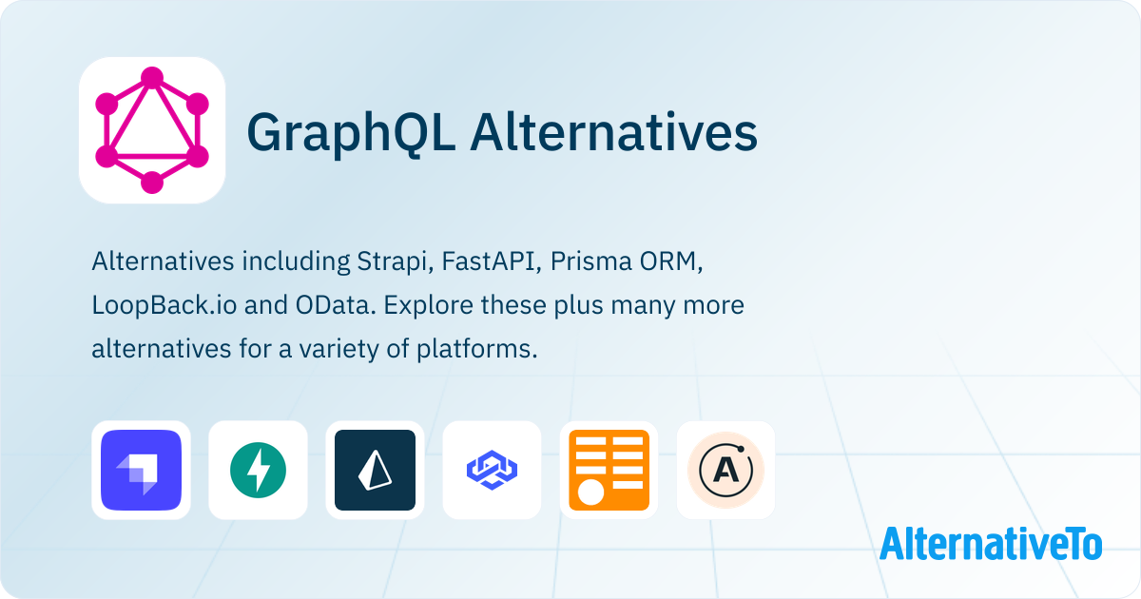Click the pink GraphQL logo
pos(152,130)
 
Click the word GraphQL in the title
pos(351,133)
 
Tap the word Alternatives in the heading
pos(614,132)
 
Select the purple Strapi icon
pos(141,470)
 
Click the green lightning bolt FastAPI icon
pos(258,470)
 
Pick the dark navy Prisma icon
pos(375,470)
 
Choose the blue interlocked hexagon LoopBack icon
pos(493,470)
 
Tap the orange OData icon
pos(609,470)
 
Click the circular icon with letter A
pos(725,470)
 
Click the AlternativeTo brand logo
pos(991,544)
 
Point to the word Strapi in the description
pos(396,262)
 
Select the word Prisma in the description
pos(590,261)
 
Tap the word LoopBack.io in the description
pos(164,305)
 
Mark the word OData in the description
pos(336,305)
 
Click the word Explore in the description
pos(429,306)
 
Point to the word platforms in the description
pos(476,350)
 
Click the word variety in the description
pos(338,350)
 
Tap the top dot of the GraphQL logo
pos(152,77)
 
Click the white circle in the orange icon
pos(590,493)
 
